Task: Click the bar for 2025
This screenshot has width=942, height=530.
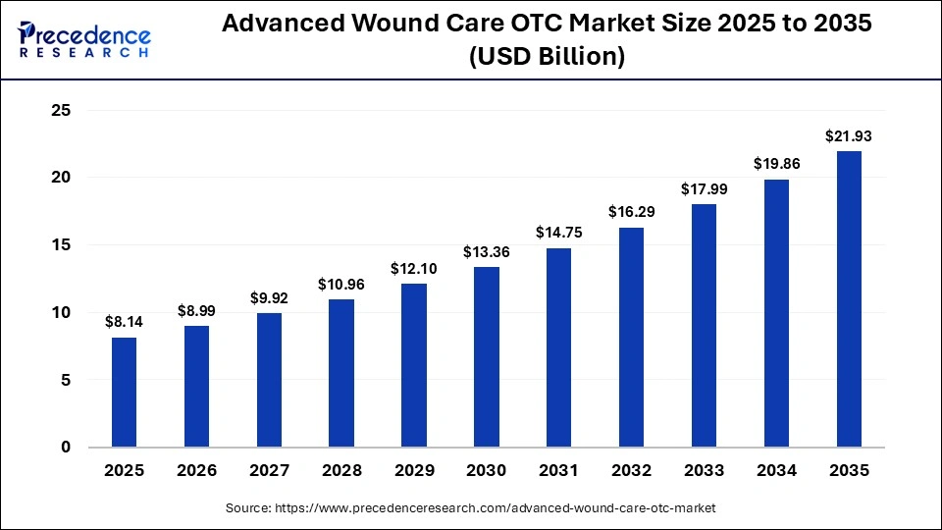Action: [124, 393]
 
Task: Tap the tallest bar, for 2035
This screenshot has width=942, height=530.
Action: [849, 299]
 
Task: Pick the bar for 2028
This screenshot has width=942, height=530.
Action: [341, 373]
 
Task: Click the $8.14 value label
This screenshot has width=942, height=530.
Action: [124, 321]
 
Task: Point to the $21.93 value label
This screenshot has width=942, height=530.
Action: [849, 135]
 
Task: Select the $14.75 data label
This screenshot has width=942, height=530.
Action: [559, 233]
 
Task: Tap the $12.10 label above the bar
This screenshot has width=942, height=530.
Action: [414, 268]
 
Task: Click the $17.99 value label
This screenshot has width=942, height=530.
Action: [704, 188]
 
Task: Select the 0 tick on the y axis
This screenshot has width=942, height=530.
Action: [66, 448]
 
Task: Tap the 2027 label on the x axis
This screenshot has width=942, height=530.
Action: [269, 471]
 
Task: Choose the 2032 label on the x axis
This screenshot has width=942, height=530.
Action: [631, 471]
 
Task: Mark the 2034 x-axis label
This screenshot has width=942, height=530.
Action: [776, 471]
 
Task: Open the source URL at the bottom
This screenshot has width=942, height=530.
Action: [471, 508]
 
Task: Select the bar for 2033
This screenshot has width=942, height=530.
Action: [704, 326]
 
